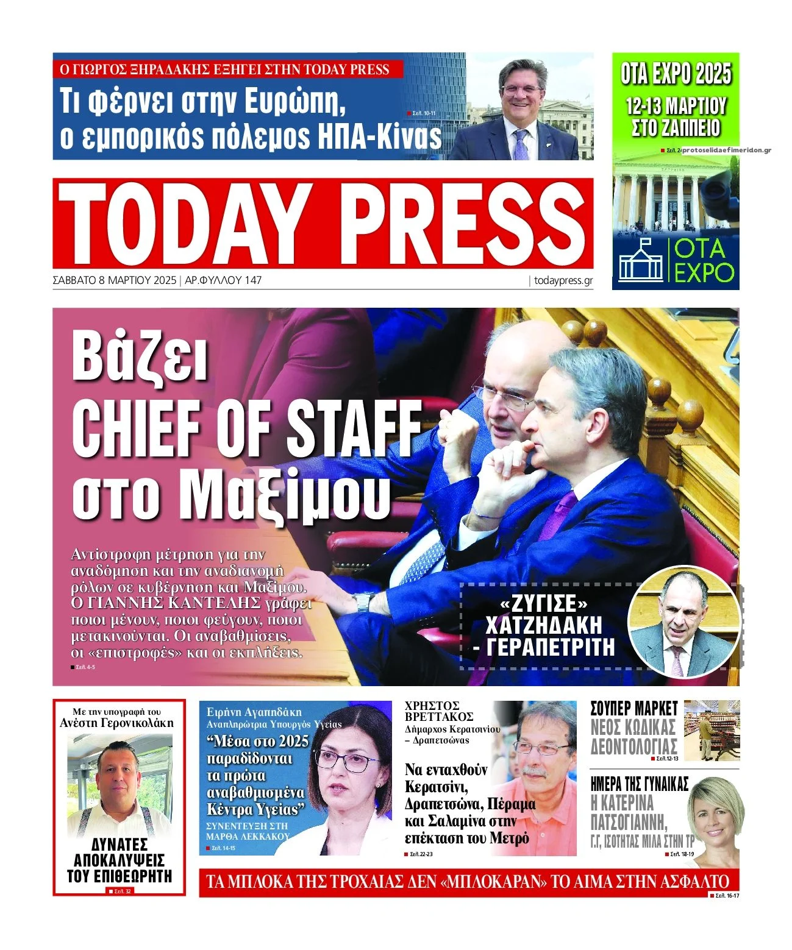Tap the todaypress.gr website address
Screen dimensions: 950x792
pyautogui.click(x=563, y=280)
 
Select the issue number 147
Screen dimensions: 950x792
pyautogui.click(x=252, y=280)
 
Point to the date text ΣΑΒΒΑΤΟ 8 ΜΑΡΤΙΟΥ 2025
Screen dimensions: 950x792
pyautogui.click(x=115, y=280)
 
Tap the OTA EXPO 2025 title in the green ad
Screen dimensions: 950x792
pyautogui.click(x=676, y=74)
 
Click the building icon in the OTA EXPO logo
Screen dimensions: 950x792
pyautogui.click(x=640, y=260)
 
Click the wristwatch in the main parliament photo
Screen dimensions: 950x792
pyautogui.click(x=363, y=602)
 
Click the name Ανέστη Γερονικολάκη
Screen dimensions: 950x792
pyautogui.click(x=116, y=723)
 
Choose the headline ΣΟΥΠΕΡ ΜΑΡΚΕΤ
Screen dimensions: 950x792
pyautogui.click(x=634, y=708)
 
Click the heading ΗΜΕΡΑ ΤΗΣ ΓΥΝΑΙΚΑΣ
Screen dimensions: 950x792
pyautogui.click(x=640, y=784)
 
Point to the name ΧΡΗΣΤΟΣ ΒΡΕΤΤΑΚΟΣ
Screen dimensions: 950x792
pyautogui.click(x=439, y=711)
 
